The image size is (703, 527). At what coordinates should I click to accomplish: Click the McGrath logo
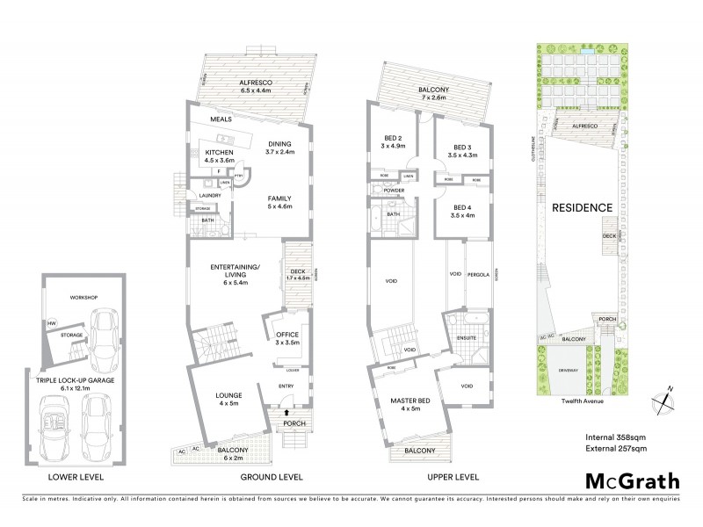click(633, 480)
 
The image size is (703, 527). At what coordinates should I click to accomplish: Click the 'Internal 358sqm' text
click(619, 437)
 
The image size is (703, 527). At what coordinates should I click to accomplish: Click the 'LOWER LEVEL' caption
click(76, 477)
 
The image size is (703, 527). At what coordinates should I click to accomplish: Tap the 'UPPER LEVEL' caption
click(453, 477)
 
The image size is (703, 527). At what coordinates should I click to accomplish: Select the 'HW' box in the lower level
click(51, 324)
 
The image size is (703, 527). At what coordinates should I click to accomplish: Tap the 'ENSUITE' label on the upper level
click(466, 337)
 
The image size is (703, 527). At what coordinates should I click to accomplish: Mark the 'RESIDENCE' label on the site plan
click(582, 208)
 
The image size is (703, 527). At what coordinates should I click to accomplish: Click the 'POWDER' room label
click(393, 191)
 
